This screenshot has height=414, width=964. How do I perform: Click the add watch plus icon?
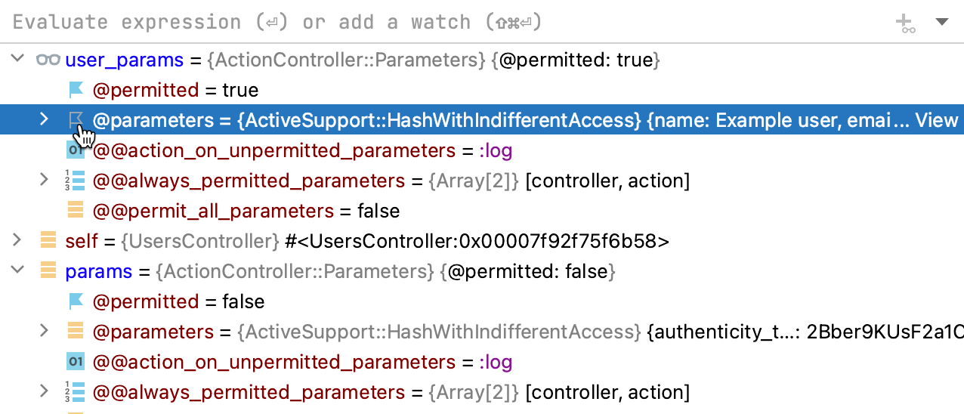click(905, 23)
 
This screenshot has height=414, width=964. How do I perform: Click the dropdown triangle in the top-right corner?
click(941, 22)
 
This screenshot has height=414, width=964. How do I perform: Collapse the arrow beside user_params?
click(17, 60)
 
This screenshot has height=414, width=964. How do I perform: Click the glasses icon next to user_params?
click(48, 60)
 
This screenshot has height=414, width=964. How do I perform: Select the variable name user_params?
click(124, 60)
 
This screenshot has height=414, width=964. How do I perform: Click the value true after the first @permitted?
click(240, 90)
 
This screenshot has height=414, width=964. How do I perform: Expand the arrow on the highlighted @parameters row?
click(44, 119)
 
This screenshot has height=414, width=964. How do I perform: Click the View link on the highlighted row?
click(937, 120)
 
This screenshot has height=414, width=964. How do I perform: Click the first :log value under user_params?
click(495, 150)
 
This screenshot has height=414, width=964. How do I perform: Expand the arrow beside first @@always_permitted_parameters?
click(44, 181)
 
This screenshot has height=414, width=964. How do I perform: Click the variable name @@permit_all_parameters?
click(213, 211)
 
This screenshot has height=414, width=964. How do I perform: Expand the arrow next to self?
click(17, 241)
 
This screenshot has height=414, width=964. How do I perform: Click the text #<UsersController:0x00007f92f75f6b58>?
click(477, 241)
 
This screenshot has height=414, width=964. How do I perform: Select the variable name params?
click(98, 271)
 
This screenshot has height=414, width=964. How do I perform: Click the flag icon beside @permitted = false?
click(76, 301)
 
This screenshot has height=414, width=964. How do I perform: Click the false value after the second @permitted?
click(243, 301)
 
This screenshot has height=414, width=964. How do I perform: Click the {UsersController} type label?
click(200, 241)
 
